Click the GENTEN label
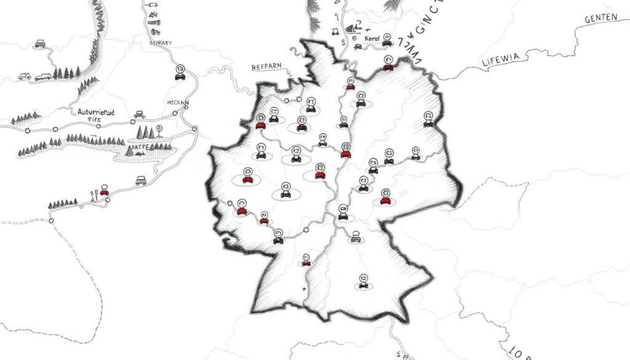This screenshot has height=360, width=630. coord(601,18)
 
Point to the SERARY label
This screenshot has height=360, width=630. coord(161,43)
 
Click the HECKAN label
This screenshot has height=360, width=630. coord(178,102)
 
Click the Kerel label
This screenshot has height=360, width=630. coord(373,39)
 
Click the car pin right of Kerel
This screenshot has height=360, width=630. coord(387,41)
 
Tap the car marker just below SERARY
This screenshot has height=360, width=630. coord(180,73)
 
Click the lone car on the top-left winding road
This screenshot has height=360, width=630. coord(40,43)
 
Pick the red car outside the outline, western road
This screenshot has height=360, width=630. coord(105,191)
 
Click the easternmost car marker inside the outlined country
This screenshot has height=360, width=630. coord(429,120)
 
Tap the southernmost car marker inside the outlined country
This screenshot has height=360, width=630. coord(363,282)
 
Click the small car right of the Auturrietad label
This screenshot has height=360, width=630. coord(140,114)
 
